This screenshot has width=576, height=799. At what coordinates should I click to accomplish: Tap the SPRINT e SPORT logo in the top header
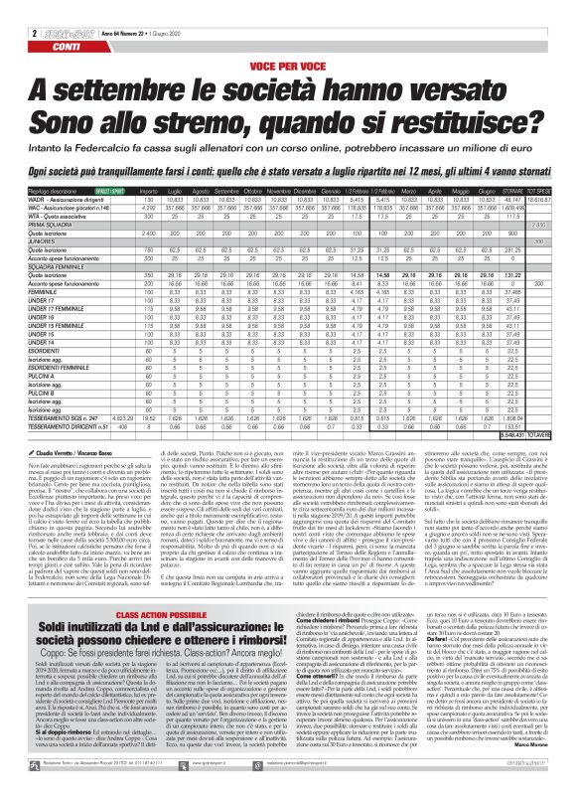pos(51,7)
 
